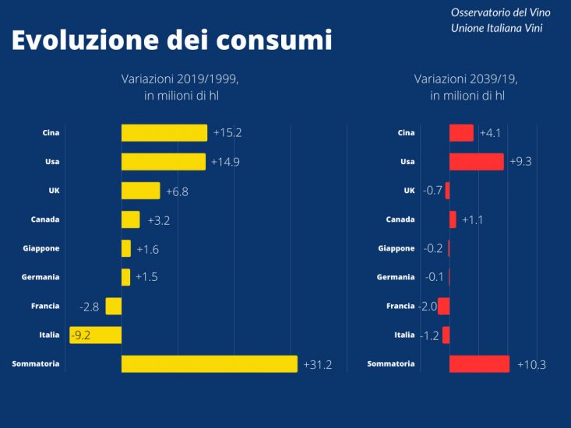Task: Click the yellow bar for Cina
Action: (164, 133)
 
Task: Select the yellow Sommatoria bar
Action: (209, 364)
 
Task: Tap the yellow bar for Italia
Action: (96, 335)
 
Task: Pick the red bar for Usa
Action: (476, 162)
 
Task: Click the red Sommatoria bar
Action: (479, 364)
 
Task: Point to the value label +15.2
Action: (227, 133)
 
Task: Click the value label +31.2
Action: (318, 364)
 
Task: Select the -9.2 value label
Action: (82, 335)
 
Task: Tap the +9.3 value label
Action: (520, 162)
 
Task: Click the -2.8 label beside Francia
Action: (90, 307)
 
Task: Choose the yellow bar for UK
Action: (140, 191)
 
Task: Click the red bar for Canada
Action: (453, 219)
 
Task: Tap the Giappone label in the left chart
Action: (41, 248)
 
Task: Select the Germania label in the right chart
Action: (396, 277)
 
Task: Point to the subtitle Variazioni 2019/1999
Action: (179, 79)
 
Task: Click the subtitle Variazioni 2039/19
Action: (466, 79)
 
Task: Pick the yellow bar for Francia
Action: (114, 307)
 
